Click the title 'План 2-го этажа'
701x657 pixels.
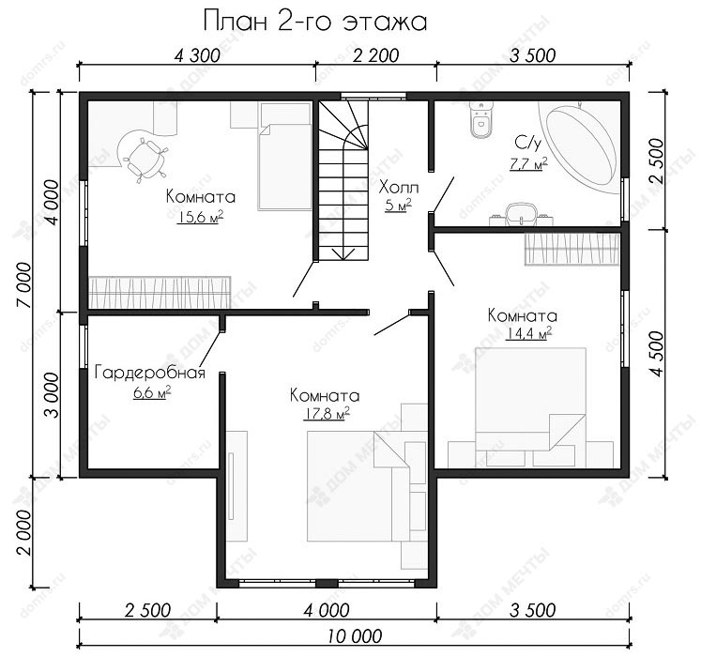[315, 22]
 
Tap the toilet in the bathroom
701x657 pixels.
[481, 120]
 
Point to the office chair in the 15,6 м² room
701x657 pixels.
[145, 160]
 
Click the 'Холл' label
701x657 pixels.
[399, 187]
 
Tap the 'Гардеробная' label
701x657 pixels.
[150, 373]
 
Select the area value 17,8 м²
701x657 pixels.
[326, 413]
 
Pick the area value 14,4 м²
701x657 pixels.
[528, 333]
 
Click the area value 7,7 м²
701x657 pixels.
[529, 163]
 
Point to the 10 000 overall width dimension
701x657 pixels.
[355, 636]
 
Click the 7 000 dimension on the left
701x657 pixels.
[24, 285]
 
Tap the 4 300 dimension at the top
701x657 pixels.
[197, 56]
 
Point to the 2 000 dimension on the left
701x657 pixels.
[24, 532]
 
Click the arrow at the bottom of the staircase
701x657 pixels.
[343, 254]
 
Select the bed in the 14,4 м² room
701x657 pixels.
[530, 406]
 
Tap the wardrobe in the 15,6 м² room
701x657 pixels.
[160, 293]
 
